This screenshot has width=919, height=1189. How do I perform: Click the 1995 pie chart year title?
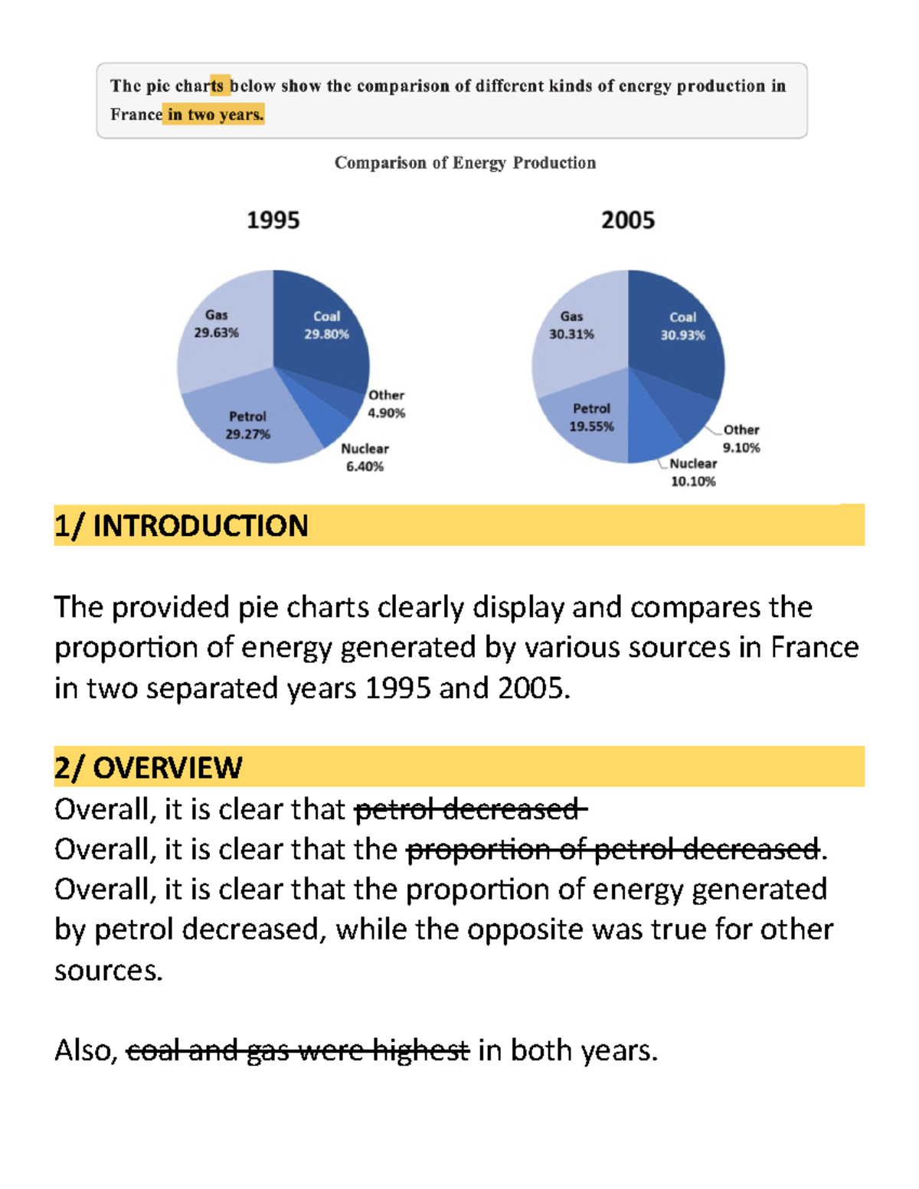click(273, 220)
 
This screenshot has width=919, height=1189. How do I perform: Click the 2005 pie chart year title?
click(628, 220)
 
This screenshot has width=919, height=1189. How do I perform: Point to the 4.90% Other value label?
click(387, 413)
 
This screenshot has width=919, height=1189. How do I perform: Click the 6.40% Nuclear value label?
click(365, 467)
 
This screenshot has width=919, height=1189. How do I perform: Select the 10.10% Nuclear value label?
click(693, 482)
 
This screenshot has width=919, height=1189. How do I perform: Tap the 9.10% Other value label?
click(741, 448)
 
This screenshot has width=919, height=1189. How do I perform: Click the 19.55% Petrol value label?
click(591, 426)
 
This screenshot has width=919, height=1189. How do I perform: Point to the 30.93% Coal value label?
click(682, 335)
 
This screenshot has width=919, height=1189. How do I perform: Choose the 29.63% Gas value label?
click(216, 333)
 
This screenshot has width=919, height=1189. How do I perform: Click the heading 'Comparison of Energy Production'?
click(465, 163)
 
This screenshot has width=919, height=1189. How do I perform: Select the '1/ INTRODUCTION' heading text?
click(182, 526)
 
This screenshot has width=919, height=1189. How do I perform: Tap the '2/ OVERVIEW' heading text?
click(149, 768)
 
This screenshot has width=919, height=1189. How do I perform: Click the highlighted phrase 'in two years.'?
click(215, 115)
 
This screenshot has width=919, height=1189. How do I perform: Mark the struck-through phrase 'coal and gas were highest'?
click(297, 1050)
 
